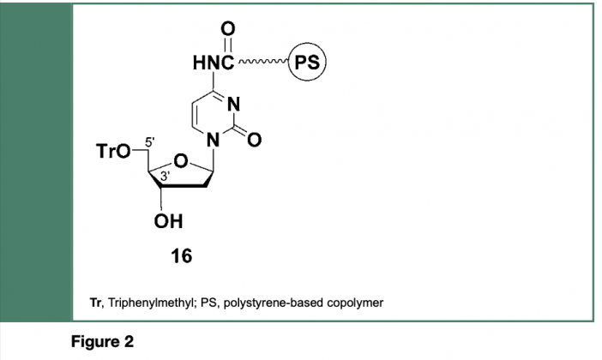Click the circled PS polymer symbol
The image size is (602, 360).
[x=307, y=62]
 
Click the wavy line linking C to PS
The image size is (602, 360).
[x=263, y=61]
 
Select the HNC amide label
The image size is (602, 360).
[x=214, y=63]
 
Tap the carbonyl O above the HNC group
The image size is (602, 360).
[x=227, y=29]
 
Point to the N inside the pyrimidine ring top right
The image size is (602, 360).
[x=233, y=104]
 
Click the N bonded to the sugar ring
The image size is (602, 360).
[x=213, y=140]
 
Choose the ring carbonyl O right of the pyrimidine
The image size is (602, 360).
[x=254, y=140]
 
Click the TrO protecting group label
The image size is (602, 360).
[x=113, y=151]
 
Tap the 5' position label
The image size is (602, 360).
[x=150, y=141]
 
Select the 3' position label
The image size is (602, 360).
[x=166, y=177]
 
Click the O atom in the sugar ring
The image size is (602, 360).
[x=181, y=162]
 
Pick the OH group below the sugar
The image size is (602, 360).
[x=169, y=221]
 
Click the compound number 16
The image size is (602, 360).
[x=181, y=256]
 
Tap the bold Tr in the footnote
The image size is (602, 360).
[x=96, y=303]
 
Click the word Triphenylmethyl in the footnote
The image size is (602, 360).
[x=153, y=303]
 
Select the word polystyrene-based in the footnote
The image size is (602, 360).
[x=274, y=303]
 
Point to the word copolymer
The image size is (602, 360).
[x=355, y=303]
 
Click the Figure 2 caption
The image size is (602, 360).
[x=102, y=341]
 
